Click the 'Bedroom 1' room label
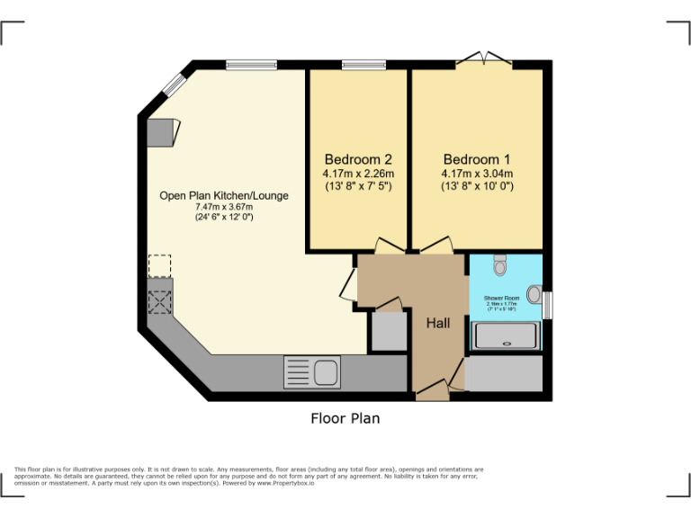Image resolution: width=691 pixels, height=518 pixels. pos(477,159)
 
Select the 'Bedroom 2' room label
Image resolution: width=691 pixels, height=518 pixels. pos(358,159)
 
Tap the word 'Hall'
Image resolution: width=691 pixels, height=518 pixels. pos(438,324)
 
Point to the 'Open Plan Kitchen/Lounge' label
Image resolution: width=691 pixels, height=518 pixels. pos(224,195)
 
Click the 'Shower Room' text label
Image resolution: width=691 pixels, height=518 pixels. pos(501,298)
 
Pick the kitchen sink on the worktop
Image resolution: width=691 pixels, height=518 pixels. pos(310,370)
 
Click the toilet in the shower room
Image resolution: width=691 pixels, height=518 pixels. pos(501,264)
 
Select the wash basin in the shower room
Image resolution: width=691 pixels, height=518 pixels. pos(534,294)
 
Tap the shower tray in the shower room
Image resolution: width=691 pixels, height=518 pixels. pos(507,336)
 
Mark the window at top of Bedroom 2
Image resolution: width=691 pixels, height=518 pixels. pos(364,64)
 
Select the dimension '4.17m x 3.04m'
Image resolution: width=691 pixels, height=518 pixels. pos(477,174)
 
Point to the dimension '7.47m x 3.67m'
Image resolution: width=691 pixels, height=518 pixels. pos(224,207)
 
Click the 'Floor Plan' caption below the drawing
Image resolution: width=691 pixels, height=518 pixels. pos(345,418)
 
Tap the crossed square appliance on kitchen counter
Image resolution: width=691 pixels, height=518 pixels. pos(159,300)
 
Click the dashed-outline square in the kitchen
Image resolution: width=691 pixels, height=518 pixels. pos(159,266)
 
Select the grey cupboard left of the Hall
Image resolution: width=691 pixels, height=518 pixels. pos(389,331)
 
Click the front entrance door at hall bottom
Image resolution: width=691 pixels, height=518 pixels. pos(432,388)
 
